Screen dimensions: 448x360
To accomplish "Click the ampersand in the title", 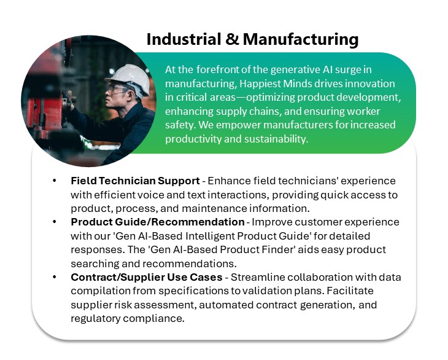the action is coord(232,39).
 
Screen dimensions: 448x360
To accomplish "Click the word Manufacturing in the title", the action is coord(301,40).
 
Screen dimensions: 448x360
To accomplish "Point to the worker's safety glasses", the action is coord(117,88).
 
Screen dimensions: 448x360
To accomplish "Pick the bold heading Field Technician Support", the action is coord(135,181).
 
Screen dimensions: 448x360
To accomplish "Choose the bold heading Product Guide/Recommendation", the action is coord(158,222).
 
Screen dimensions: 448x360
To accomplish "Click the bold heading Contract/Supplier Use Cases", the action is coord(147,277).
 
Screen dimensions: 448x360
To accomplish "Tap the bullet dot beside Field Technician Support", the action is coord(54,181).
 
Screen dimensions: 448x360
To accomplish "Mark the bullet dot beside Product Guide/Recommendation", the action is coord(54,222).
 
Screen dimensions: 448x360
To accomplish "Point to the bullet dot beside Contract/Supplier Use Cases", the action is coord(54,277).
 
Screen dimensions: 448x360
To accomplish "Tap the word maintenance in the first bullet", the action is coord(214,208).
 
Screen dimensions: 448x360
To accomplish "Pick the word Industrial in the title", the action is coord(183,39).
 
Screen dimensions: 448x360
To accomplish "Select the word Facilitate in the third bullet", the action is coord(350,291).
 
